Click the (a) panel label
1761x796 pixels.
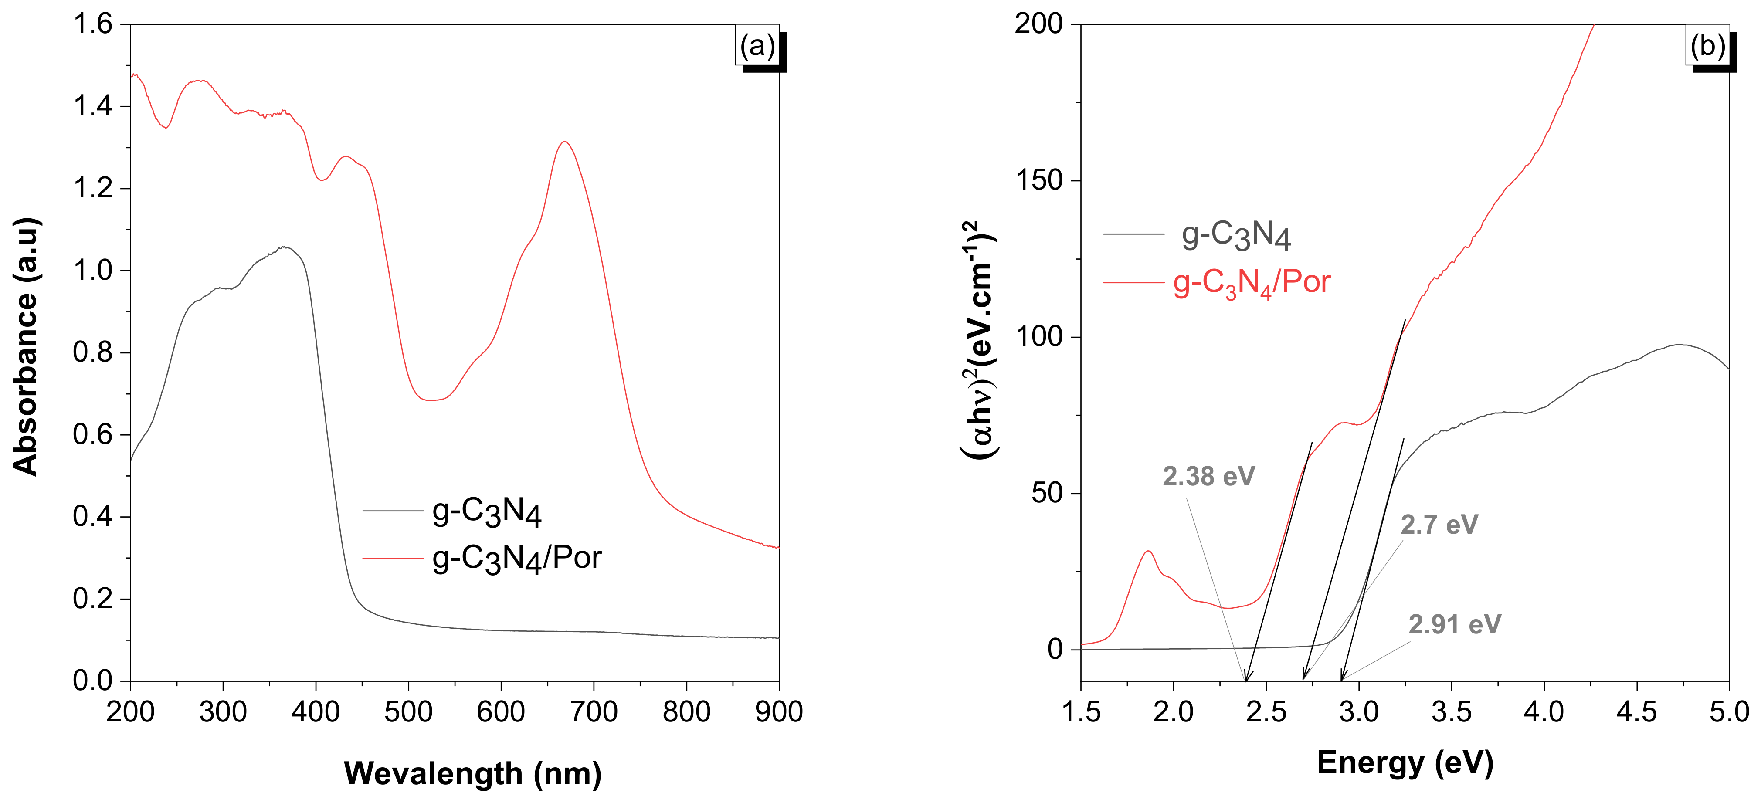(x=757, y=47)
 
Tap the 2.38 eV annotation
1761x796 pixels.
(x=1208, y=476)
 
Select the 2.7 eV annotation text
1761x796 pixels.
(x=1439, y=525)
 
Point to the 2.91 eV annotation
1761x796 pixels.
(x=1454, y=624)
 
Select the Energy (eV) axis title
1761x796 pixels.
(x=1405, y=762)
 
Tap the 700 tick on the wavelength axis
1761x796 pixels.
(x=594, y=712)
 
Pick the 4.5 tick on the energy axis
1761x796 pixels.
(x=1636, y=712)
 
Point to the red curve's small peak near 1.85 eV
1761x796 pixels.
(x=1148, y=552)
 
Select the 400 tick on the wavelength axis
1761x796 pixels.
(x=315, y=712)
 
